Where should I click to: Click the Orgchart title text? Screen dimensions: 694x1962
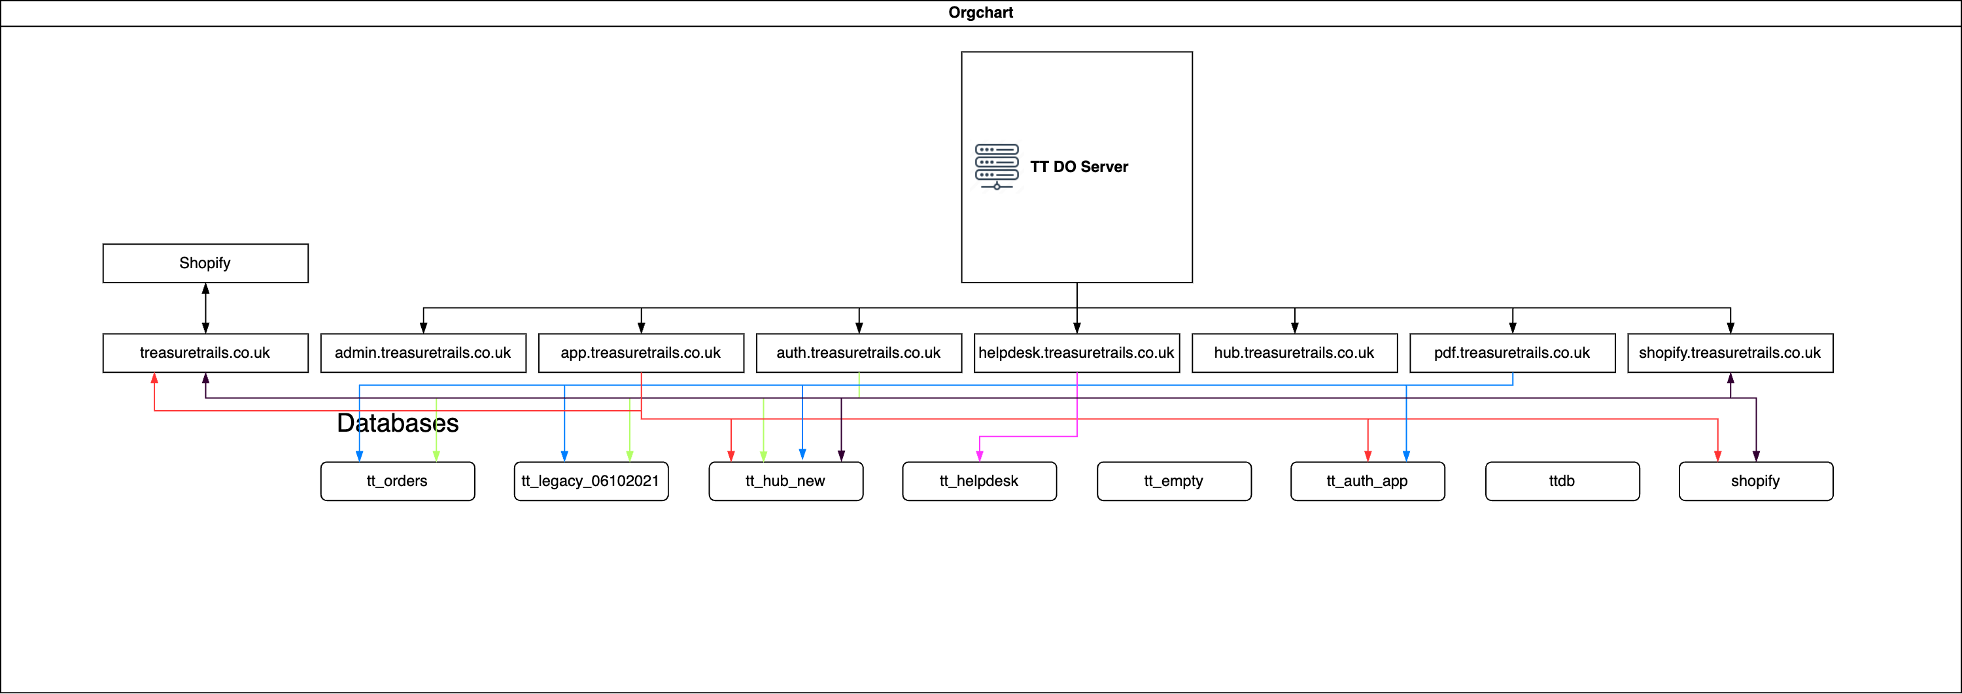click(980, 13)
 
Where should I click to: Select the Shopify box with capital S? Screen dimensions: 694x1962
click(205, 264)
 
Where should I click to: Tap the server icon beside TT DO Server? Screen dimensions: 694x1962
click(996, 166)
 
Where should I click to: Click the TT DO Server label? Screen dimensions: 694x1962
click(1078, 167)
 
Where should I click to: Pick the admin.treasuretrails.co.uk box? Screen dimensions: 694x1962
click(422, 353)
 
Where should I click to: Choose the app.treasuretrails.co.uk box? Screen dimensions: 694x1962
click(640, 353)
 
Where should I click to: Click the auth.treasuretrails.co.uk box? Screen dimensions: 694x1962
click(858, 353)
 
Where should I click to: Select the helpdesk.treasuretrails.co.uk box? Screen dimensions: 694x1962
click(1076, 353)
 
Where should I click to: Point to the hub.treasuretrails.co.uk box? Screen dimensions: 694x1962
click(1294, 353)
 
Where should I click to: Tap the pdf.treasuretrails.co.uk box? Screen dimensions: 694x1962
click(1512, 353)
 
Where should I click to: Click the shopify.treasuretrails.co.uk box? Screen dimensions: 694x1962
click(1730, 353)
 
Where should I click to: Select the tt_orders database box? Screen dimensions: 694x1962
click(397, 481)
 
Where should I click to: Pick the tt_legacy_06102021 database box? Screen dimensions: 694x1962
click(591, 481)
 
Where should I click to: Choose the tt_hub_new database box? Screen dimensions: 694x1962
click(785, 481)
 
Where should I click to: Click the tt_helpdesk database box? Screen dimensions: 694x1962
click(979, 481)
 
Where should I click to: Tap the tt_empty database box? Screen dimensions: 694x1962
click(1174, 481)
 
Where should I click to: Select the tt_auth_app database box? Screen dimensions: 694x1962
click(1367, 481)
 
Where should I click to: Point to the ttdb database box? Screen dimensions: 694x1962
click(1561, 481)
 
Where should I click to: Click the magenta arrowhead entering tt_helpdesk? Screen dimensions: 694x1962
click(980, 457)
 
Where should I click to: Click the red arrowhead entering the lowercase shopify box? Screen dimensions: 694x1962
click(1717, 457)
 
